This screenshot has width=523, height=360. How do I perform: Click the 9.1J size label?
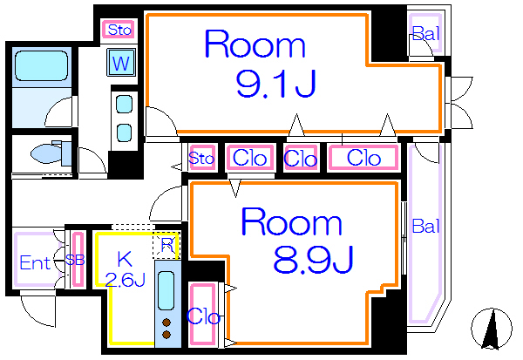(276, 84)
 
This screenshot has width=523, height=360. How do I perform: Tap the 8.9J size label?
(313, 260)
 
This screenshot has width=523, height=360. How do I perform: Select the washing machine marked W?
(121, 63)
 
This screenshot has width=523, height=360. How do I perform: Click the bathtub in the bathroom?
(41, 65)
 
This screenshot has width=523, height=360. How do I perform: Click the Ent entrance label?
(35, 262)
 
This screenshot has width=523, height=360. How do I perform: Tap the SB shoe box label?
(75, 260)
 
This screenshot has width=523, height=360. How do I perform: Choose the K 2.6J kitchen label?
(125, 269)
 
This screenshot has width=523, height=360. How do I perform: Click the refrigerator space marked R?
(166, 246)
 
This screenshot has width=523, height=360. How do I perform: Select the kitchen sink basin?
(166, 290)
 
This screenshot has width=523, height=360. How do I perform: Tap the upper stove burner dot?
(166, 323)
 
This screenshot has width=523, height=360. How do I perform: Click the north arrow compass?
(492, 329)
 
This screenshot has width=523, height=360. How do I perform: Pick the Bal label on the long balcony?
(425, 227)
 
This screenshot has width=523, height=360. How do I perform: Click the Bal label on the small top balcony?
(425, 33)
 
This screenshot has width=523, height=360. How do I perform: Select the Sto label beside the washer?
(119, 30)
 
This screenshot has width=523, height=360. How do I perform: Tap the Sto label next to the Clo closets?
(201, 158)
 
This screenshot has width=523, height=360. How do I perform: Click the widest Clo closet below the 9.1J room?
(363, 158)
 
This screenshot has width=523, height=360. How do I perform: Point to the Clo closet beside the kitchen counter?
(203, 315)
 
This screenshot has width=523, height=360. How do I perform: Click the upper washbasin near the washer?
(124, 104)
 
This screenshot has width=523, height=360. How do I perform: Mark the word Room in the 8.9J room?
(291, 221)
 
